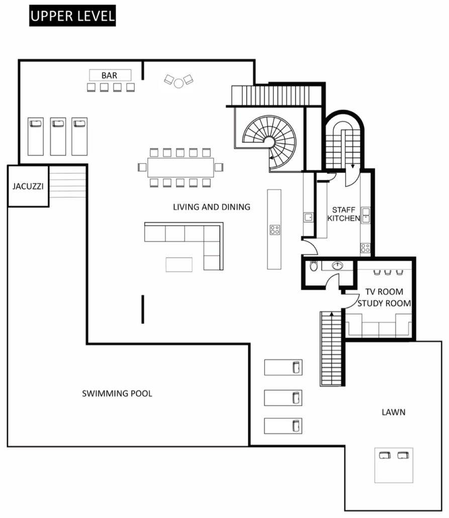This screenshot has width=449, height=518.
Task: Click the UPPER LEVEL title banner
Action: (72, 16)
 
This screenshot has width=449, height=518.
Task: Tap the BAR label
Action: (110, 75)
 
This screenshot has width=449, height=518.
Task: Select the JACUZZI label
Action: (28, 186)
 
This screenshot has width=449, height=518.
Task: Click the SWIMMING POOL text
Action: (117, 393)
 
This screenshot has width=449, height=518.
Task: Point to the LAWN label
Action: (394, 412)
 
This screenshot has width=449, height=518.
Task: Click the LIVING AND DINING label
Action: (212, 207)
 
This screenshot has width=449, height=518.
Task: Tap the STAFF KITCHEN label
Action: (343, 214)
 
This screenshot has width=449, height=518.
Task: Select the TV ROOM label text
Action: (384, 292)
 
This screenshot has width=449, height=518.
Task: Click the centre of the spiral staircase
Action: (270, 142)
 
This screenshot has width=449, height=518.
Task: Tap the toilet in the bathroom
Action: (314, 266)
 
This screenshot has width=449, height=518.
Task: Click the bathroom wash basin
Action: (337, 265)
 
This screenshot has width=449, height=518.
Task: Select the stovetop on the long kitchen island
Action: (275, 230)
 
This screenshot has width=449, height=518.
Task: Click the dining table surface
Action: (181, 167)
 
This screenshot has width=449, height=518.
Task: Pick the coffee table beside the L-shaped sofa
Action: (179, 265)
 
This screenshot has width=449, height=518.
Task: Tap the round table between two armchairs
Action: (178, 83)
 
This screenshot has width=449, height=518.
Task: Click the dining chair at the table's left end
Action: (142, 167)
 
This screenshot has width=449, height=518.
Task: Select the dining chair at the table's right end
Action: (219, 167)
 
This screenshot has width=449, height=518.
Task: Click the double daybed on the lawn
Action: (394, 465)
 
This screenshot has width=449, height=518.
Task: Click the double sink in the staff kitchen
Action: (366, 215)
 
